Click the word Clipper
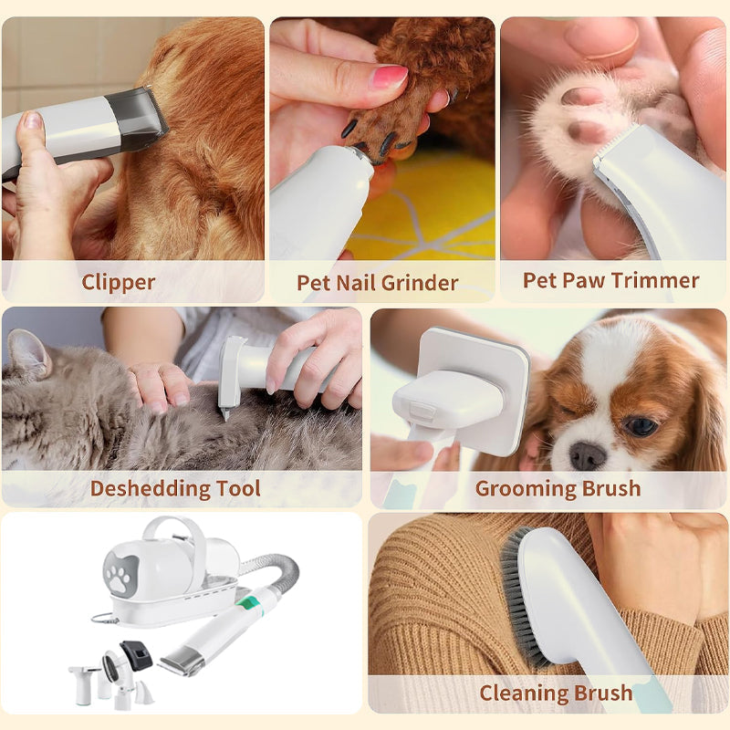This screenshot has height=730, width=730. [x=119, y=283]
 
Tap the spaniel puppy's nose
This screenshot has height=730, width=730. [x=588, y=455]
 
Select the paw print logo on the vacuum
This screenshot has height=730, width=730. [x=121, y=574]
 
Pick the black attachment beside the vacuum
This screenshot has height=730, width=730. [x=137, y=655]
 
